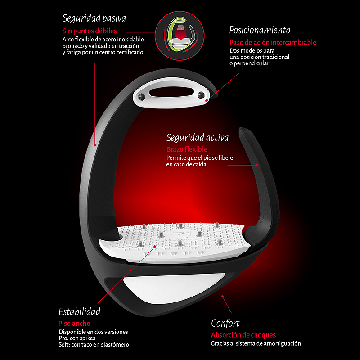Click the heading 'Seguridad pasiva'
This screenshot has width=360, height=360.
click(94, 18)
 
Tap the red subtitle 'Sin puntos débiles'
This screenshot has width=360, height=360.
click(90, 31)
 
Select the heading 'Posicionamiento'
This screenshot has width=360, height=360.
click(260, 30)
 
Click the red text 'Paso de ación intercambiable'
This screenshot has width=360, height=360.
click(273, 42)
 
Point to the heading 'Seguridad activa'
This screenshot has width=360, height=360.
click(198, 138)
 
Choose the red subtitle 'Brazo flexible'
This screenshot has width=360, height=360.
click(187, 149)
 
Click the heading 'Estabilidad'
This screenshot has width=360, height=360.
click(80, 311)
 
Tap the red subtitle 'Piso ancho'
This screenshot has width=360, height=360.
click(74, 324)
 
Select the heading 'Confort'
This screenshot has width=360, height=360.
click(225, 323)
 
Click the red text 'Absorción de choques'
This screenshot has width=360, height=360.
click(243, 335)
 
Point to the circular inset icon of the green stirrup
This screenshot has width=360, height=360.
click(180, 36)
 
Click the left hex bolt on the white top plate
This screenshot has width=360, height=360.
click(141, 97)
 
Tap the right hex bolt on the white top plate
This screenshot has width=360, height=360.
click(201, 95)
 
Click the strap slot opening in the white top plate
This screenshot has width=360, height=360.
click(171, 92)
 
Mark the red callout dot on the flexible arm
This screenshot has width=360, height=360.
click(256, 165)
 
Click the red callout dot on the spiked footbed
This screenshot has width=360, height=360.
click(155, 247)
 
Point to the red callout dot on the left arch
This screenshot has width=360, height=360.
click(95, 145)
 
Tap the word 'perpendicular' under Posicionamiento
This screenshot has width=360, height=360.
click(251, 63)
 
